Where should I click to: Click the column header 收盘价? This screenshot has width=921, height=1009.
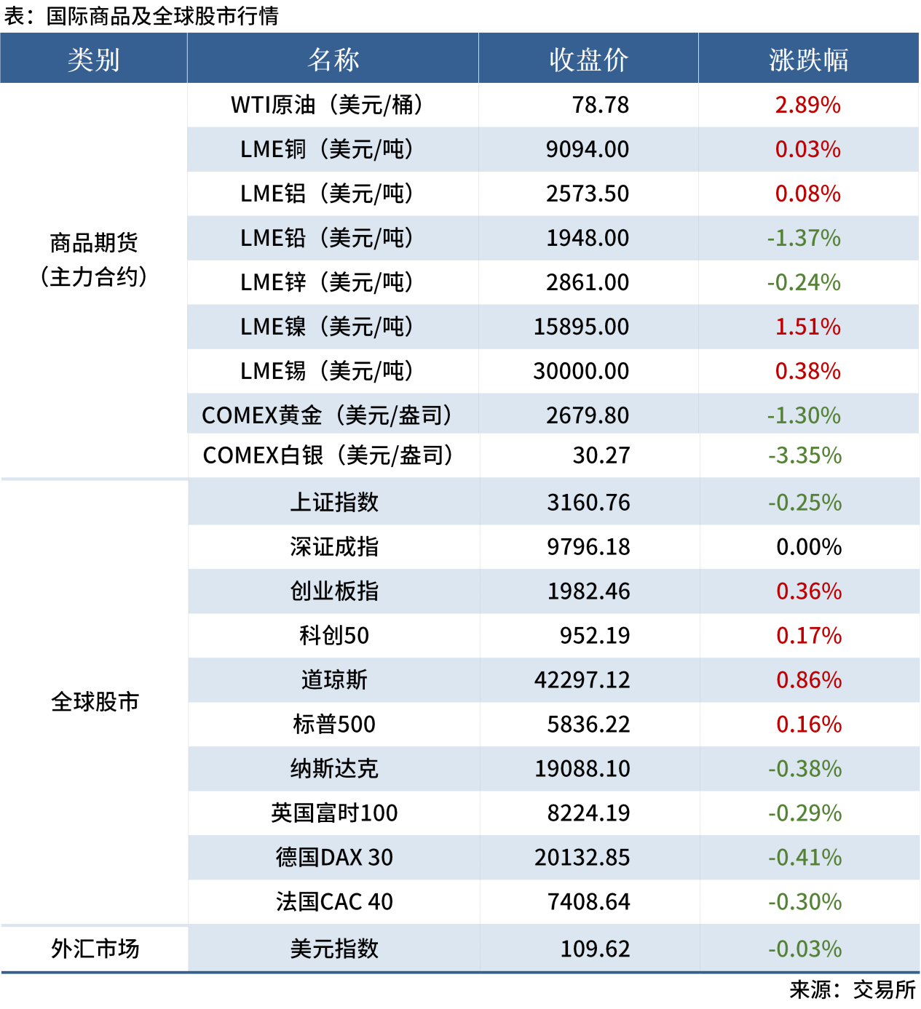588,60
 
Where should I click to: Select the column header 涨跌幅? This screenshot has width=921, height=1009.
808,60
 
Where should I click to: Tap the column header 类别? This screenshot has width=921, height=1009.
93,60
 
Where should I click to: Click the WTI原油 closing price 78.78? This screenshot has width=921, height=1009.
600,105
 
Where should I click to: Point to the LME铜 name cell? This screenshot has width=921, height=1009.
327,150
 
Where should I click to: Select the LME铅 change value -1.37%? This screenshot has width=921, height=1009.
804,239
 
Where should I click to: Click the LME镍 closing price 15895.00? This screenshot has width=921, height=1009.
581,327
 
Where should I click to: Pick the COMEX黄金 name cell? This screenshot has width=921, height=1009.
327,415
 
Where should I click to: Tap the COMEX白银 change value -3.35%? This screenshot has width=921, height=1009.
805,456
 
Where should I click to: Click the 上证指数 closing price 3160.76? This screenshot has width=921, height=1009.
588,503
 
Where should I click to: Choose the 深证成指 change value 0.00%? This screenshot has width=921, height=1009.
809,547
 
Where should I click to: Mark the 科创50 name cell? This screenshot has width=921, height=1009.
334,636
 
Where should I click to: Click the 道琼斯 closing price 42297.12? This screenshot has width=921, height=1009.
582,680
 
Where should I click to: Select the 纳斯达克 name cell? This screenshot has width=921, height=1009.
334,769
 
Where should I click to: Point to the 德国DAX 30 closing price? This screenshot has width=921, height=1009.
582,858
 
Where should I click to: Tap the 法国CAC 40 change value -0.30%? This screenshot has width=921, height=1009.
805,902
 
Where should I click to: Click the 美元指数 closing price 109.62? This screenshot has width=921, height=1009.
595,949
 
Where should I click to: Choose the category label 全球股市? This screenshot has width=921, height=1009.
95,702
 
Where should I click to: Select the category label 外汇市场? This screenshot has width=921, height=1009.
95,949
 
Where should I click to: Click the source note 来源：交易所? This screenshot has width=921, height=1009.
853,990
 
